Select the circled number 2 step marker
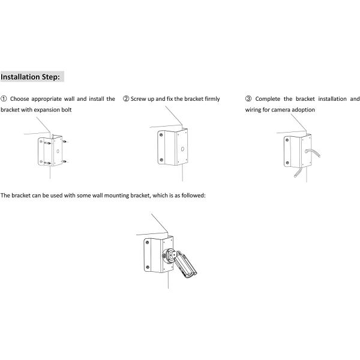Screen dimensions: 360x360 tap(126, 98)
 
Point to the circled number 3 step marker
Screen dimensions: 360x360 tap(248, 98)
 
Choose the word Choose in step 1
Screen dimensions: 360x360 tap(21, 98)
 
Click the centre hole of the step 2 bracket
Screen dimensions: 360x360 tap(182, 149)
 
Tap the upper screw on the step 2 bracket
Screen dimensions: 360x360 tap(161, 135)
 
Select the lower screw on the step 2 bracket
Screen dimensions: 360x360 tap(161, 160)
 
